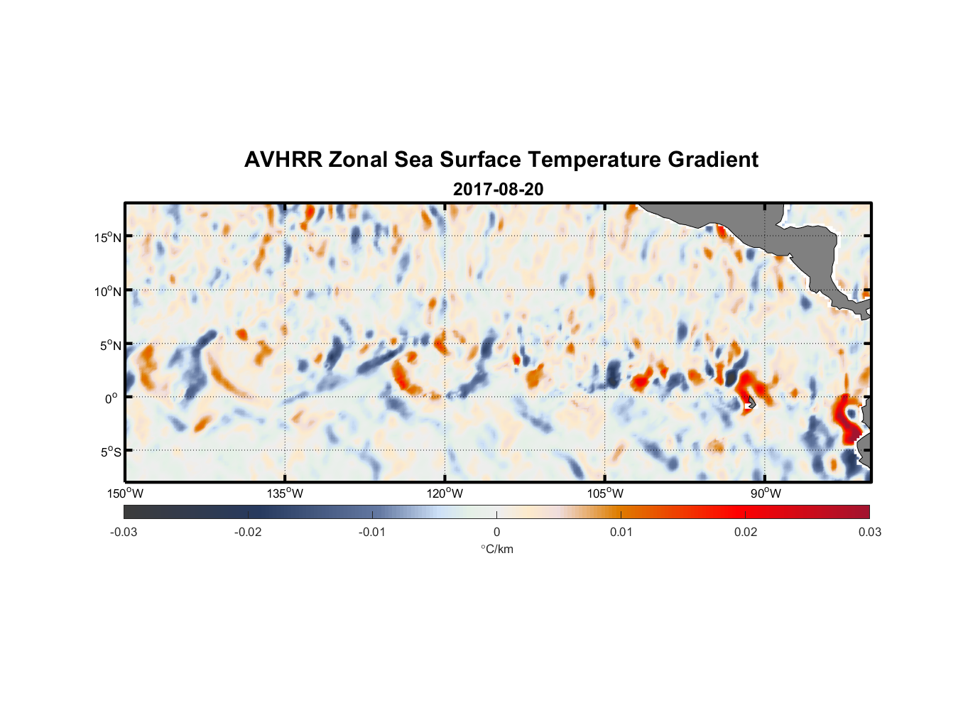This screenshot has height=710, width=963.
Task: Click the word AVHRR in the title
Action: click(283, 160)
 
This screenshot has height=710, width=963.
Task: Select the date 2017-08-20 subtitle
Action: click(498, 190)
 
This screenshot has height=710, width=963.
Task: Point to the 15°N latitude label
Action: click(108, 237)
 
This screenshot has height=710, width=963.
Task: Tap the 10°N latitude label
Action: click(108, 291)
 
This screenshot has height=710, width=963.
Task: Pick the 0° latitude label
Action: click(111, 398)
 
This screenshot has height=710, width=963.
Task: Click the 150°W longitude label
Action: click(126, 493)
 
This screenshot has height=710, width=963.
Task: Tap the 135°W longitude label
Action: click(285, 493)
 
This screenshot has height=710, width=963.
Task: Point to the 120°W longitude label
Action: click(445, 493)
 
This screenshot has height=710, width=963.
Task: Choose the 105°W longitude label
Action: click(605, 493)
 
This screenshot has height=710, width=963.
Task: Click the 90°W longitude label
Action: click(766, 493)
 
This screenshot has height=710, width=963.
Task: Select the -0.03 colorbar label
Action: click(124, 532)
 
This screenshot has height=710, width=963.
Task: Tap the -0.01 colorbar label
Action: click(372, 532)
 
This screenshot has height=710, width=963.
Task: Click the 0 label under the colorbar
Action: click(496, 532)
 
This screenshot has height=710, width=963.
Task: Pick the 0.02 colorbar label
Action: click(746, 532)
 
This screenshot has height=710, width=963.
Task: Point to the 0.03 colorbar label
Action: click(869, 532)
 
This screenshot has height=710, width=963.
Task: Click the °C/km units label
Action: click(496, 549)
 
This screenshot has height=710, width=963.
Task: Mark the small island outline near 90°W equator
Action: click(751, 402)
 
